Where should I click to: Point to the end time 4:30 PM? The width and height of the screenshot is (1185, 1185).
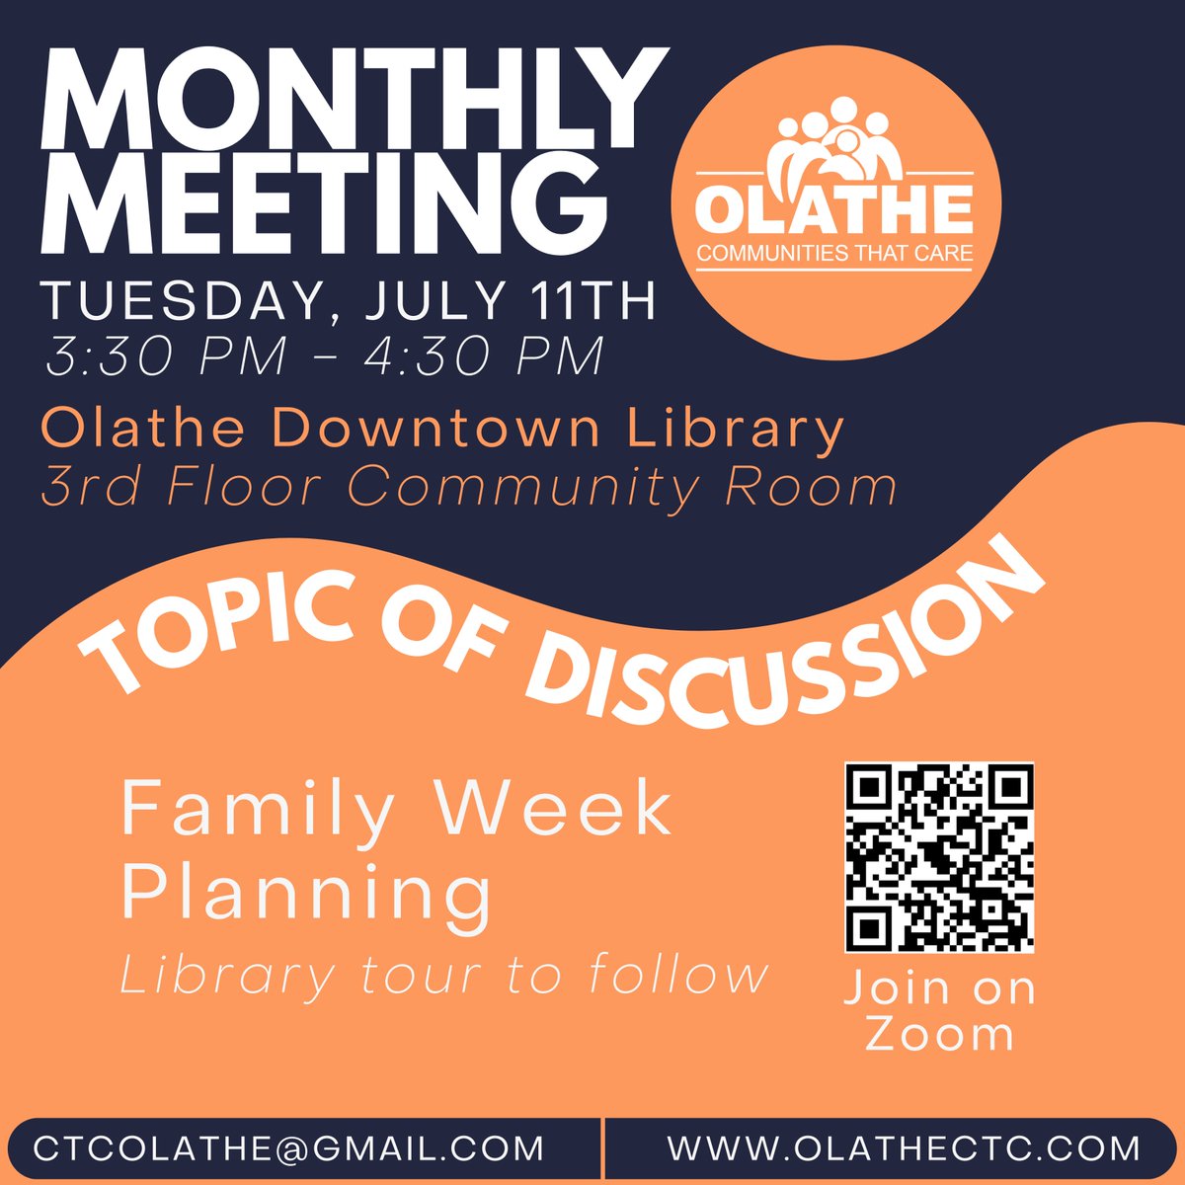click(484, 356)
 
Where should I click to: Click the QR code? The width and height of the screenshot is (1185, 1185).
click(939, 857)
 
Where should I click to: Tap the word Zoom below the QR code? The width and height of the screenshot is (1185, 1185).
click(939, 1035)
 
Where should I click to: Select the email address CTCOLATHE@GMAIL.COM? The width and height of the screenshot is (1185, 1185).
click(288, 1148)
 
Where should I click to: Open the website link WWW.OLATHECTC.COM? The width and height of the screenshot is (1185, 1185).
click(904, 1148)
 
